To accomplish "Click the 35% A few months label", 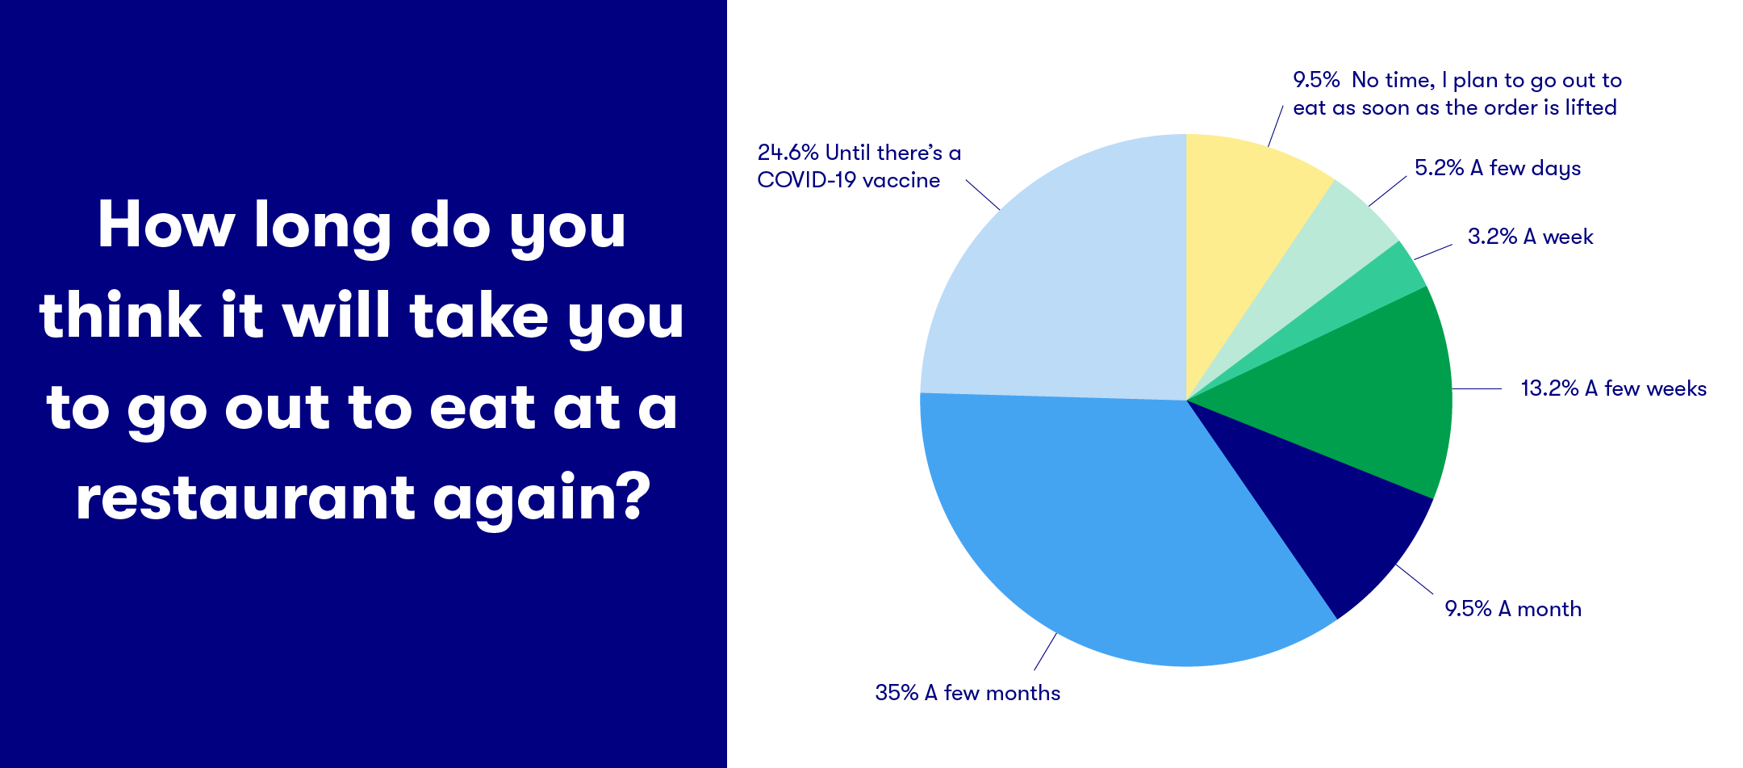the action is pyautogui.click(x=968, y=693).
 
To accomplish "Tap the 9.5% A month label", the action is pyautogui.click(x=1513, y=609).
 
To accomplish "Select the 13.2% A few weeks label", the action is pyautogui.click(x=1614, y=388).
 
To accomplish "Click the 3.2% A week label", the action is pyautogui.click(x=1531, y=237).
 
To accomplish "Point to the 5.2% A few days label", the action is pyautogui.click(x=1498, y=169).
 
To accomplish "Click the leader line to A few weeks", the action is pyautogui.click(x=1477, y=388).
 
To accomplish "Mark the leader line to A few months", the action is pyautogui.click(x=1046, y=651).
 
